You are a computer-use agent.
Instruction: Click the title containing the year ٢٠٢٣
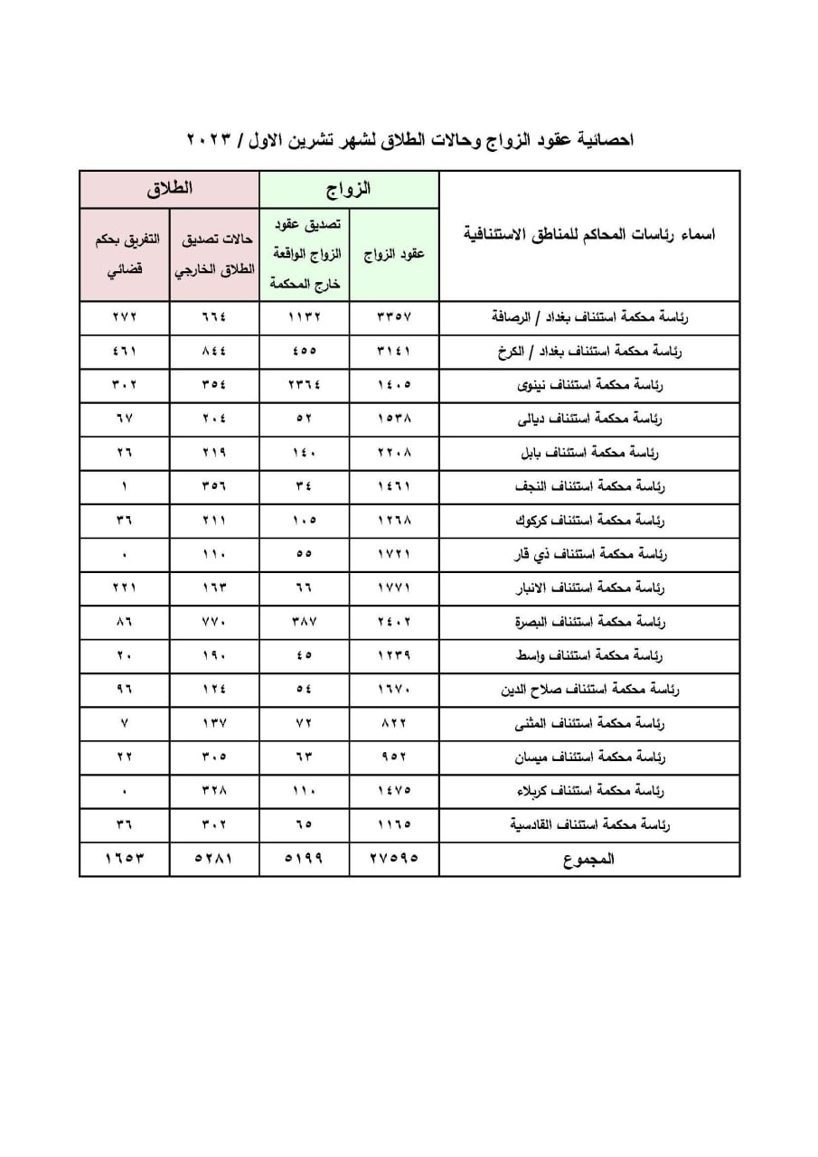pos(409,140)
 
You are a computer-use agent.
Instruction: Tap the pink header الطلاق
pos(170,190)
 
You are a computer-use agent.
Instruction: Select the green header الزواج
pos(349,190)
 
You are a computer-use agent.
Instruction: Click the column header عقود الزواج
pos(394,255)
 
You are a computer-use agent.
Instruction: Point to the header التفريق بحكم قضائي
pos(125,254)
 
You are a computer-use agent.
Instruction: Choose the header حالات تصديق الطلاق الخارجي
pos(214,254)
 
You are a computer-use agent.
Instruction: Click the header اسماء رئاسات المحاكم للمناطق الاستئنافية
pos(589,235)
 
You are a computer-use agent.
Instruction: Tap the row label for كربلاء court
pos(589,791)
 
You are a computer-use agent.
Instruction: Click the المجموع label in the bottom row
pos(589,859)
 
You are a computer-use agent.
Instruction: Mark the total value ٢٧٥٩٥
pos(394,859)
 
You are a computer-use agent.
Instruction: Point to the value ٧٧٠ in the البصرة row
pos(214,623)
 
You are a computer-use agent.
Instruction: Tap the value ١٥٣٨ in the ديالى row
pos(394,419)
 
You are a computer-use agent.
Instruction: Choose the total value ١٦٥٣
pos(125,859)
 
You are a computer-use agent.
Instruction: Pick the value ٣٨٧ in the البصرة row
pos(305,623)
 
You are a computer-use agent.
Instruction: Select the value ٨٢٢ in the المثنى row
pos(394,723)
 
